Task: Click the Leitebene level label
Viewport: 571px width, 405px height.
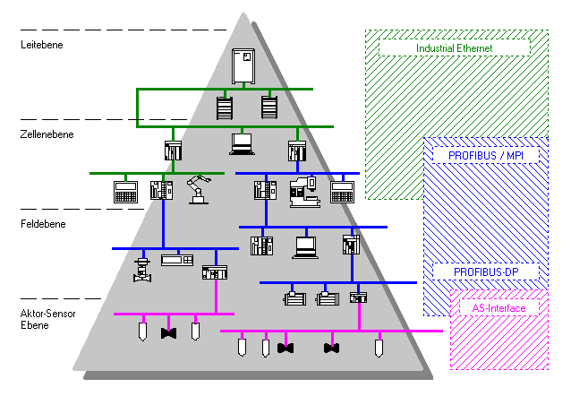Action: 42,43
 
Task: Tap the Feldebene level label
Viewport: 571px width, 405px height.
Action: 41,223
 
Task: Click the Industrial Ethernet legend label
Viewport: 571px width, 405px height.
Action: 455,47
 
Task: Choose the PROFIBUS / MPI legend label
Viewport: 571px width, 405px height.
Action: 483,155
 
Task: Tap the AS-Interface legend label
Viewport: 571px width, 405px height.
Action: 499,308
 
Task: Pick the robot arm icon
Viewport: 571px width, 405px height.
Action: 199,189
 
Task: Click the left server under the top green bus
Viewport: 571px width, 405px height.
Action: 223,108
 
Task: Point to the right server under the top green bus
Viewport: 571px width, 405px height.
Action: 269,108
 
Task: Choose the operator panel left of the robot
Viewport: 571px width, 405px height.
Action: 124,191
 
